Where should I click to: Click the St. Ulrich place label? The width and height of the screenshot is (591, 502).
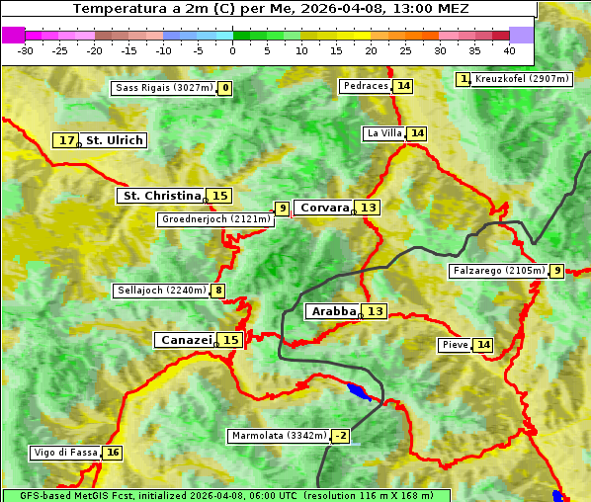point(114,140)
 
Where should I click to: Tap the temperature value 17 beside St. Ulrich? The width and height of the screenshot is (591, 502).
point(66,140)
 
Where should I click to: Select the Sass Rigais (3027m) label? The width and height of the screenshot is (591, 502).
point(163,88)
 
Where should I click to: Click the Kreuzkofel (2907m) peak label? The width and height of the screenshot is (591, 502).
point(521,79)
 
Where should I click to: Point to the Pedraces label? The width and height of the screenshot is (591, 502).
point(366,86)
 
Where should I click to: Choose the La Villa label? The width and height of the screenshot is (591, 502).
point(384,133)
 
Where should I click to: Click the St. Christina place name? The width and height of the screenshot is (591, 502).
point(161,196)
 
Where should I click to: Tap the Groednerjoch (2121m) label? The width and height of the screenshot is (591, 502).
point(214,219)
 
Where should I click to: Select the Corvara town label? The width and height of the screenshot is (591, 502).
point(324,208)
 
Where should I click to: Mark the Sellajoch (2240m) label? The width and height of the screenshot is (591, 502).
point(161,291)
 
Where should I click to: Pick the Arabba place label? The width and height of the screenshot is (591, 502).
point(333,311)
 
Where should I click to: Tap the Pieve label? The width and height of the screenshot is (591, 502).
point(455,345)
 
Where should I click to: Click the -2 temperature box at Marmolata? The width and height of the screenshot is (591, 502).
point(340,436)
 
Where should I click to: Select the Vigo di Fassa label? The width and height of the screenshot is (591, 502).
point(65,453)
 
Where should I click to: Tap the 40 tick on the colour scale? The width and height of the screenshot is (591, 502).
point(509,50)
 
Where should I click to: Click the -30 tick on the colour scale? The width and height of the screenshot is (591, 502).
point(26,50)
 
